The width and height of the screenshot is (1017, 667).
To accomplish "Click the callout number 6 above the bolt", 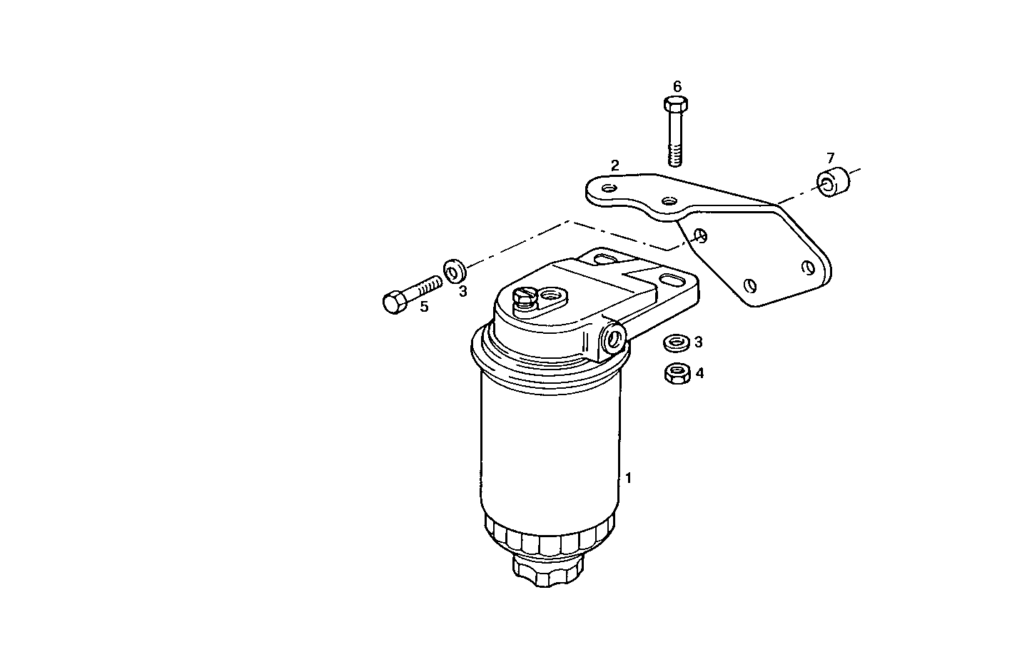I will click(x=677, y=86).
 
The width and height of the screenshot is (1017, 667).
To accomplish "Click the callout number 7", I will click(x=830, y=158).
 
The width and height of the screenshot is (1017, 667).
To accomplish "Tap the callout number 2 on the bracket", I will click(x=614, y=166).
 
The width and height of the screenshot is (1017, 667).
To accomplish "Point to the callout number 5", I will click(x=424, y=307).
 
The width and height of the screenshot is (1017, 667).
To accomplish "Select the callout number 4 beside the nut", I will click(x=699, y=372).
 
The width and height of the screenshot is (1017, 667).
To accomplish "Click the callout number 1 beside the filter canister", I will click(x=628, y=478).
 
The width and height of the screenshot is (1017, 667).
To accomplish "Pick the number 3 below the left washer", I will click(x=462, y=291).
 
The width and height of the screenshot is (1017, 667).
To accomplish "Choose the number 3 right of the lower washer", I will click(x=699, y=342).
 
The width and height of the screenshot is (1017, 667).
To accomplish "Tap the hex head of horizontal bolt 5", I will click(x=394, y=302).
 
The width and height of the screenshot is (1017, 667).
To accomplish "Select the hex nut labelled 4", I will click(x=675, y=372).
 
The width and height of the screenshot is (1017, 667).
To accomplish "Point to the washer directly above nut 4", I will click(x=675, y=343).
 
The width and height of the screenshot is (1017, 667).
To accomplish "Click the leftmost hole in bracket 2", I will click(x=609, y=188).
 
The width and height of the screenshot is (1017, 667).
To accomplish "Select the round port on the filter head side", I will click(x=612, y=339).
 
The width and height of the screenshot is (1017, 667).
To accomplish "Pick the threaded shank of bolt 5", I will click(x=426, y=287).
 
